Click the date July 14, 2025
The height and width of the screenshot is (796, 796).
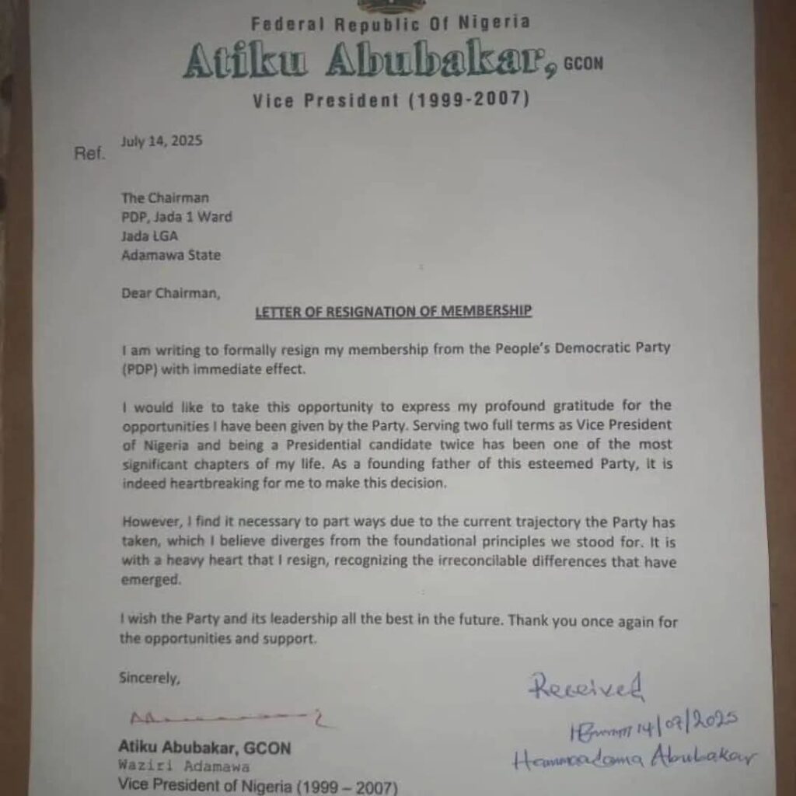[162, 141]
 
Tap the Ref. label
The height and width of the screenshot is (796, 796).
[89, 154]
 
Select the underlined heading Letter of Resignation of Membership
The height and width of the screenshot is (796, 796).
[394, 312]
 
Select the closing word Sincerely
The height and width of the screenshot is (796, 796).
[149, 678]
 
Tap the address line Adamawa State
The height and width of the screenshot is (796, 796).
[170, 255]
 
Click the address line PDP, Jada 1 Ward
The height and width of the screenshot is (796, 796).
[176, 218]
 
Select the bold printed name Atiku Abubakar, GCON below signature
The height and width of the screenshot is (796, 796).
[204, 749]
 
